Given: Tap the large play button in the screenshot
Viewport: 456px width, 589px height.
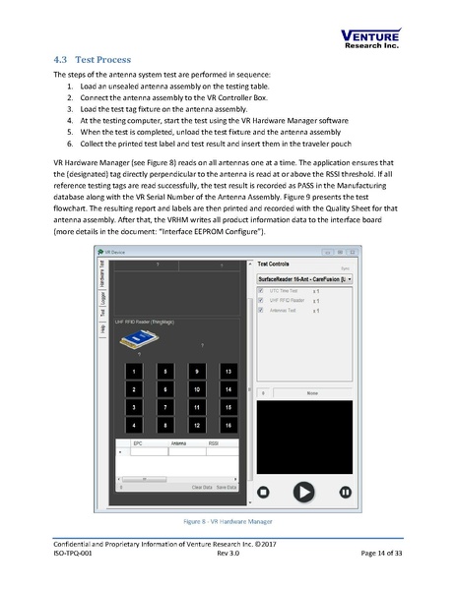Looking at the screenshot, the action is tap(304, 491).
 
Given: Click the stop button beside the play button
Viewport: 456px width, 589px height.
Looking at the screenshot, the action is tap(264, 491).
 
